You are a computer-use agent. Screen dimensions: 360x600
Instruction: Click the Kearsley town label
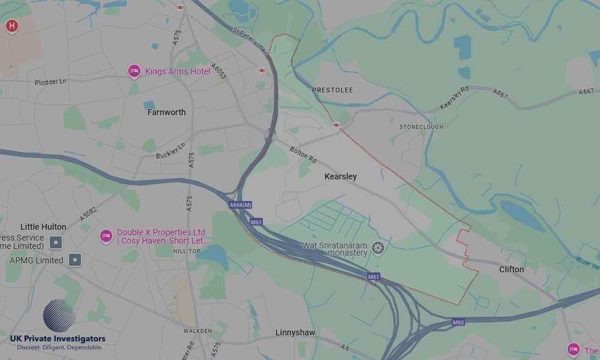coord(340,176)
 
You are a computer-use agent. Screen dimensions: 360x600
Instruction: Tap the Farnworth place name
coord(166,112)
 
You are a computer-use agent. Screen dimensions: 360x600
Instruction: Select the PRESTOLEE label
coord(332,90)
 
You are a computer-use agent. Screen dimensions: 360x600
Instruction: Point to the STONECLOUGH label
coord(421,127)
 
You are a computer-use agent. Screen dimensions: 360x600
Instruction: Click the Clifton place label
coord(511,269)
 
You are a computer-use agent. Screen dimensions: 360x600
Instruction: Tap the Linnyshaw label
coord(295,332)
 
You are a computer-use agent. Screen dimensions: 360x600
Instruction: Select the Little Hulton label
coord(43,227)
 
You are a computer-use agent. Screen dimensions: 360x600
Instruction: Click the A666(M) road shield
coord(240,205)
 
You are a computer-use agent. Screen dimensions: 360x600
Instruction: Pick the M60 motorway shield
coord(458,322)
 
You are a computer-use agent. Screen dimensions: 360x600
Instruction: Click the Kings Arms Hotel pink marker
coord(134,71)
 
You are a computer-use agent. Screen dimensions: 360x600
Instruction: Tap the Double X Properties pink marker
coord(106,236)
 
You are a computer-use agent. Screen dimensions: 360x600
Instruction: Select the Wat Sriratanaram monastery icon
coord(377,247)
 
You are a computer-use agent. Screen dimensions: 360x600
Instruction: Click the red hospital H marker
coord(11,26)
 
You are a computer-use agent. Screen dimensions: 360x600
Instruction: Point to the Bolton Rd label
coord(303,155)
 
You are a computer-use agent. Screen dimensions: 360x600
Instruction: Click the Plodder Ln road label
coord(50,82)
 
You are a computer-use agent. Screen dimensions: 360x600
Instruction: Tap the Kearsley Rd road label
coord(454,98)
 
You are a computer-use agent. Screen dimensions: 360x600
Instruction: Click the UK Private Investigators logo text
coord(57,339)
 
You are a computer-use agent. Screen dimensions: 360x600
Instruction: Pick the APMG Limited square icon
coord(75,260)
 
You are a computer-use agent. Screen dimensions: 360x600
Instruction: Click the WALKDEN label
coord(197,331)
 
